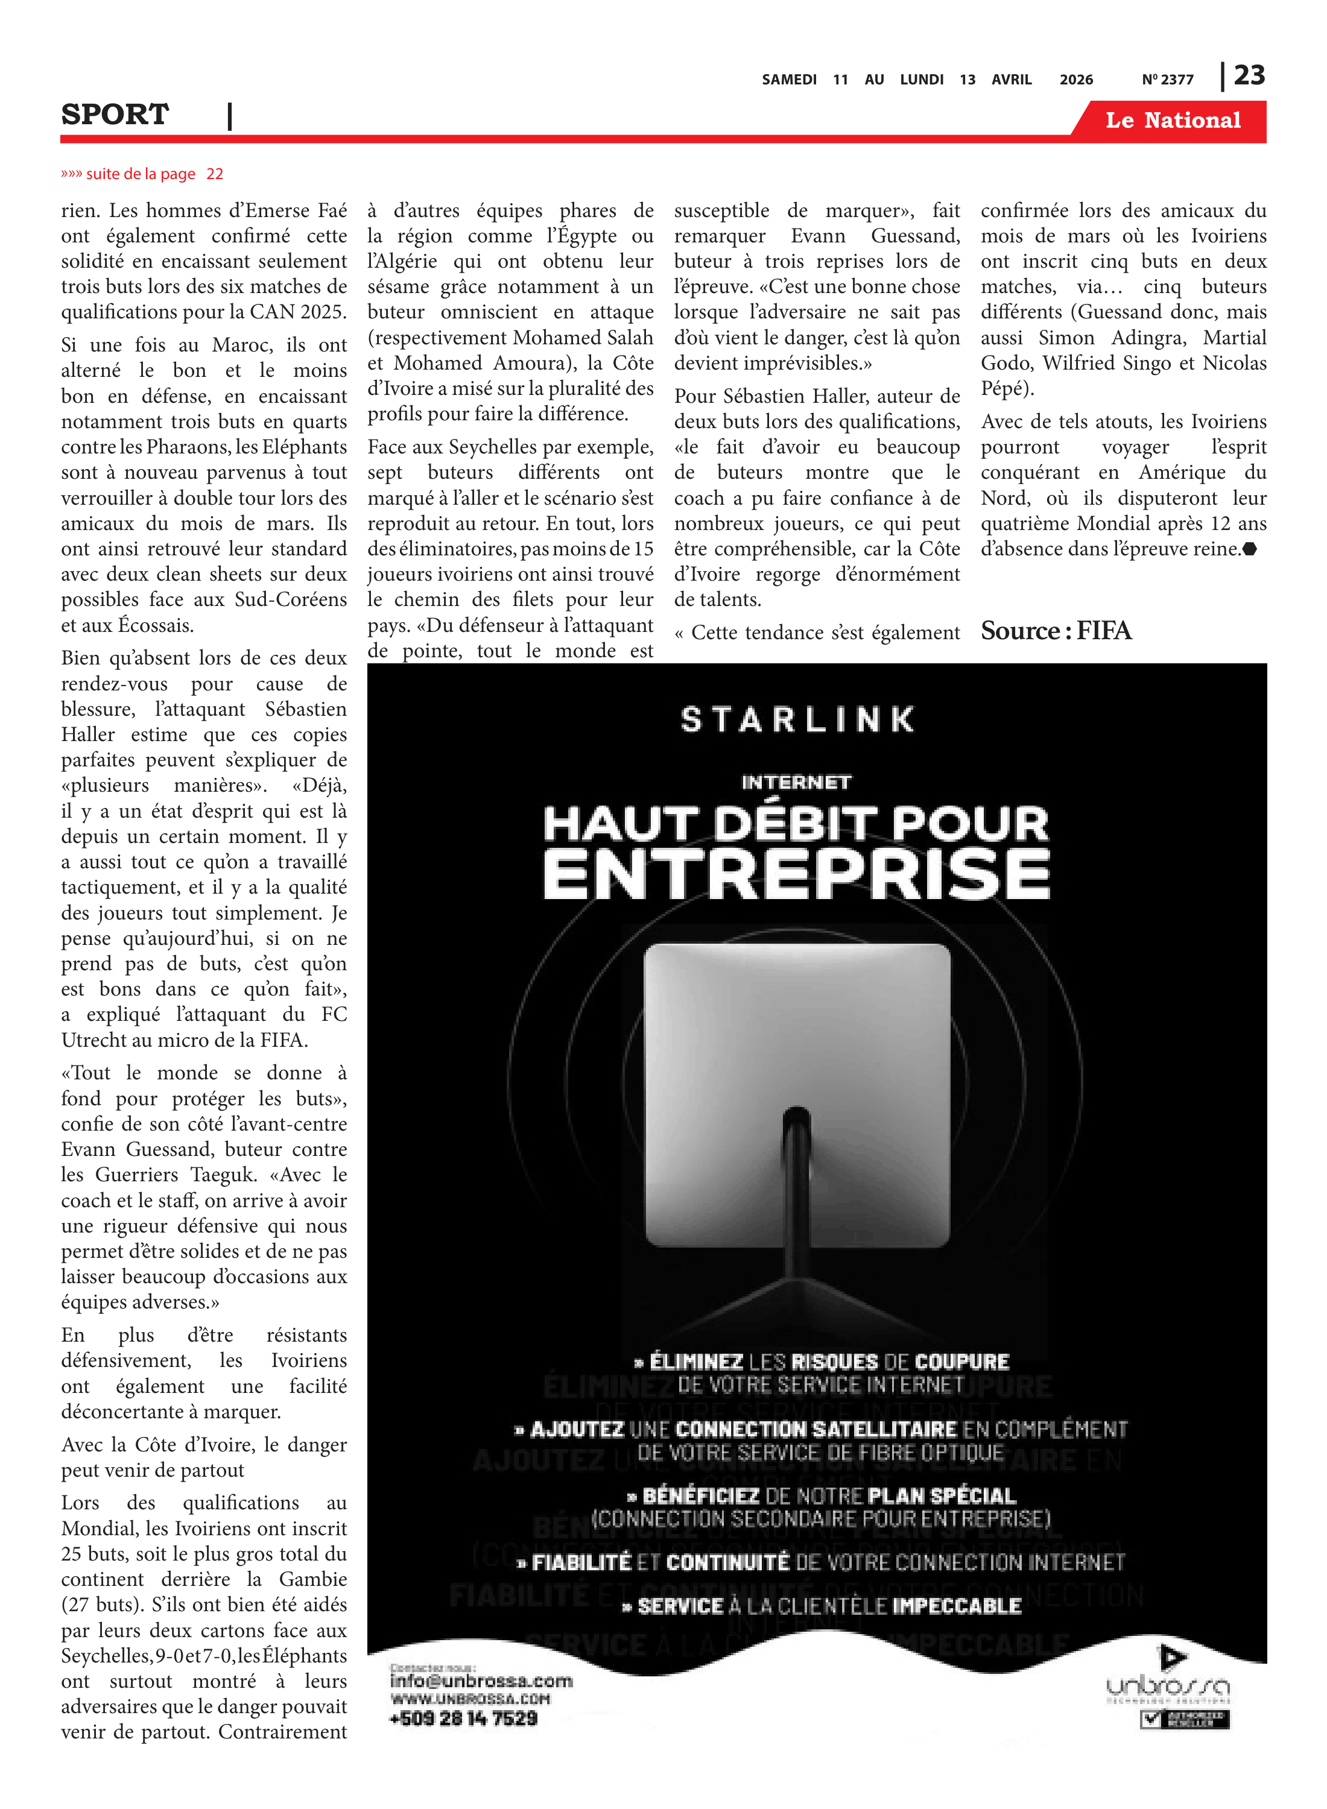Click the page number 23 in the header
point(1249,75)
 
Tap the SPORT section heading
point(115,115)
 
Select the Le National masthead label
point(1173,121)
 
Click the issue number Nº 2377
point(1167,80)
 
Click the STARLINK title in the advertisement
point(797,719)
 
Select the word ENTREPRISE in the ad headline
point(797,874)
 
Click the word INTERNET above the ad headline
point(796,782)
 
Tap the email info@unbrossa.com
point(481,1681)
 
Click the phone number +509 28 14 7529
point(463,1719)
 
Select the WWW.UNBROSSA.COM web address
point(470,1699)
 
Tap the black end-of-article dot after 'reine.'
point(1249,549)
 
